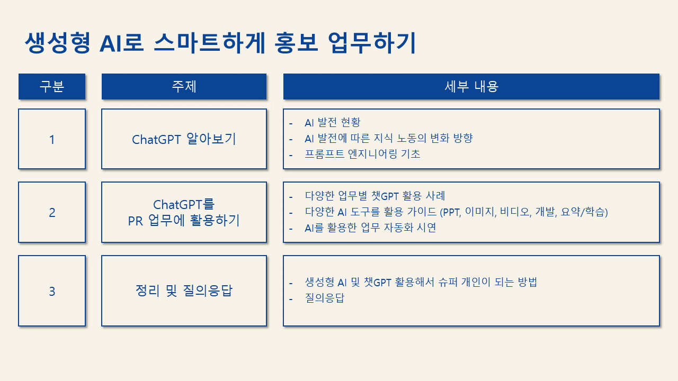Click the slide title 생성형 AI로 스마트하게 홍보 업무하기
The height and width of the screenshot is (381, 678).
coord(220,43)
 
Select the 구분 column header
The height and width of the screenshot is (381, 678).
coord(52,86)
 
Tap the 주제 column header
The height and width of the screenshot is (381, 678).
coord(184,86)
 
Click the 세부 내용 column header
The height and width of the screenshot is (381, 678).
coord(471,86)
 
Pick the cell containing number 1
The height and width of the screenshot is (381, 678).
coord(52,139)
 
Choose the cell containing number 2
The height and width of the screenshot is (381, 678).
coord(52,212)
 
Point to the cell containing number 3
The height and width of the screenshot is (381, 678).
coord(52,291)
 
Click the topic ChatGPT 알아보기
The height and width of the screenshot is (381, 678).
coord(184,139)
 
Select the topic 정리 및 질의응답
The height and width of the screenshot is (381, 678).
coord(184,291)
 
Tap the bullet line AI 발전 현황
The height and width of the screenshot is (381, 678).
coord(332,122)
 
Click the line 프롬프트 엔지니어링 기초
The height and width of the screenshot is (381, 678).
coord(362,154)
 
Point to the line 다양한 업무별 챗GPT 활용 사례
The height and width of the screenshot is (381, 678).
coord(374,196)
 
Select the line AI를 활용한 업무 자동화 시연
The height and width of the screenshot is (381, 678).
coord(370,228)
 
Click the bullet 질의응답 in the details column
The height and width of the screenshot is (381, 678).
coord(325,298)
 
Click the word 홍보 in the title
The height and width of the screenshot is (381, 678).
coord(296,43)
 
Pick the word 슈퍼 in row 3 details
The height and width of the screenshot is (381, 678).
coord(448,282)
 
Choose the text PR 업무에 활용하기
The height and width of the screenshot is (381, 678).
coord(184,221)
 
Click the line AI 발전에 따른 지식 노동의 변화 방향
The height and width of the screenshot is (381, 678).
coord(389,139)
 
